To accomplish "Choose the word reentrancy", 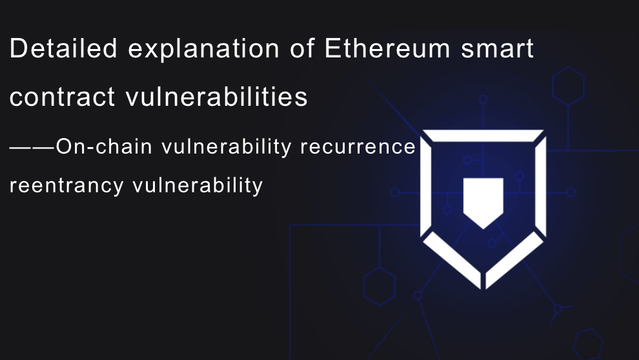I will pyautogui.click(x=67, y=186).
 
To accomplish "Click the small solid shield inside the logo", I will pyautogui.click(x=483, y=202).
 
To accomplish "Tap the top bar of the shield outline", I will pyautogui.click(x=483, y=135).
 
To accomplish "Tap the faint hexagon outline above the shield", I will pyautogui.click(x=568, y=86).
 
